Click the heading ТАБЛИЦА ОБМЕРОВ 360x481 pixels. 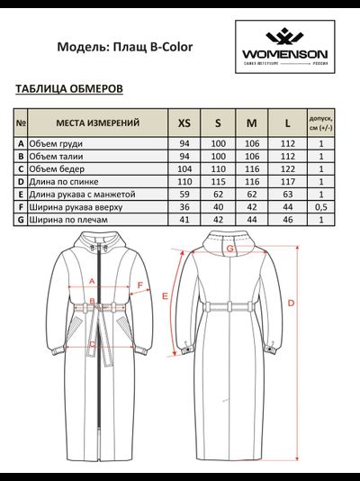click(x=69, y=89)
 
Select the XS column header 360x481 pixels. click(x=184, y=123)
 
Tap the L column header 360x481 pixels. click(x=286, y=123)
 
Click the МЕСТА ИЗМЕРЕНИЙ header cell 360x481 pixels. click(x=97, y=123)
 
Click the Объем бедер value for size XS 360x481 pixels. click(x=184, y=168)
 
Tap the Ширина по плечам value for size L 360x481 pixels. click(x=286, y=219)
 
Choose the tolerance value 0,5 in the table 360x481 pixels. click(x=320, y=206)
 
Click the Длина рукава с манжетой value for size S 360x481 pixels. click(x=218, y=193)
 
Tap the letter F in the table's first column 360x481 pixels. click(x=21, y=206)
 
